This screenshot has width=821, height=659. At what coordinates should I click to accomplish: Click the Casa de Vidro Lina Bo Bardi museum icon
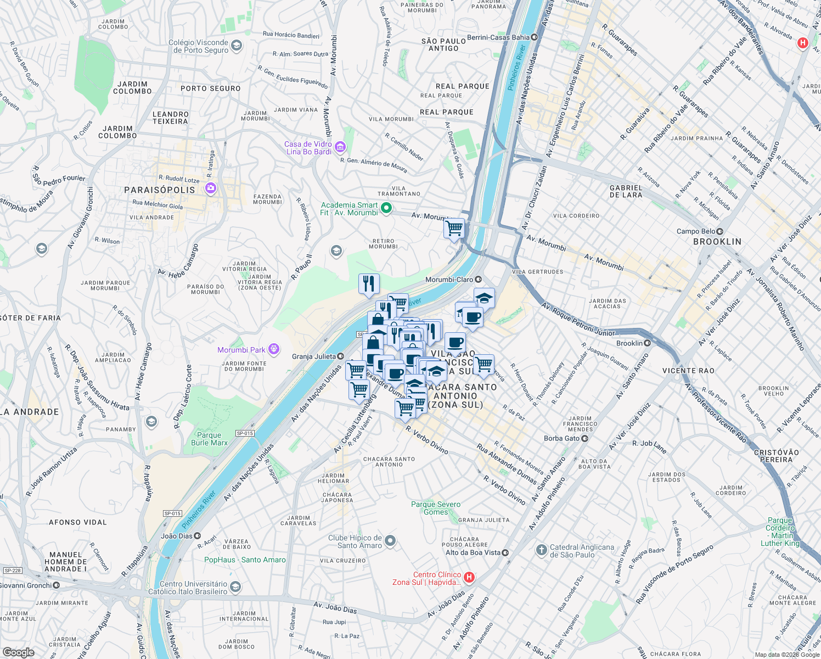(x=340, y=147)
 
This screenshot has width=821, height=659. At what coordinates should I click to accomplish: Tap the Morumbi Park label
(x=241, y=350)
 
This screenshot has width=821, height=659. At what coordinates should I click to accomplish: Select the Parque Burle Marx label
(x=209, y=439)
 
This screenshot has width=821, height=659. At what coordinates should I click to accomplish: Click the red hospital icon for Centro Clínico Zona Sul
(x=469, y=577)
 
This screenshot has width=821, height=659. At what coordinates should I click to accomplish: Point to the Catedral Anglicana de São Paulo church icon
(x=542, y=550)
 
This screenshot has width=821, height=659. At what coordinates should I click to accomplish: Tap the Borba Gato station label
(x=561, y=438)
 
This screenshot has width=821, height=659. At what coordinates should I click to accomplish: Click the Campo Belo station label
(x=696, y=231)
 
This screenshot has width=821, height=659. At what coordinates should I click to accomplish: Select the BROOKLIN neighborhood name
(x=717, y=242)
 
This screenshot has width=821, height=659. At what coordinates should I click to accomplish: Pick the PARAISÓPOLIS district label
(x=160, y=190)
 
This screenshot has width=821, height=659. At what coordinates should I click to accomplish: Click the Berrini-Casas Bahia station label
(x=498, y=37)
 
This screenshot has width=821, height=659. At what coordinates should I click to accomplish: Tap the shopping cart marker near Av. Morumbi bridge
(x=454, y=228)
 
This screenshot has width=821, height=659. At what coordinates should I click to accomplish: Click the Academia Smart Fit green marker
(x=386, y=208)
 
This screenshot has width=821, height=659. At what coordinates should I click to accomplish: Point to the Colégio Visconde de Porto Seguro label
(x=198, y=46)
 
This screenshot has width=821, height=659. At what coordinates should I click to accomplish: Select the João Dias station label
(x=177, y=536)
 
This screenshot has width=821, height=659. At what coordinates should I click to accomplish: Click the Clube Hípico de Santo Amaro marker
(x=390, y=541)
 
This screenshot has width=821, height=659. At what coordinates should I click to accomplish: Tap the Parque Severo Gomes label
(x=436, y=508)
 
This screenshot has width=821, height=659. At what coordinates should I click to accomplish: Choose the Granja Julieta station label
(x=314, y=356)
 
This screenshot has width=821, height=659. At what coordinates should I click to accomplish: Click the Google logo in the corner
(x=18, y=652)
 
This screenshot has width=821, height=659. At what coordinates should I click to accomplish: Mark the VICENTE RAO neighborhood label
(x=688, y=371)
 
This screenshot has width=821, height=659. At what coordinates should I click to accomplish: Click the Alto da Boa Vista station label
(x=473, y=552)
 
